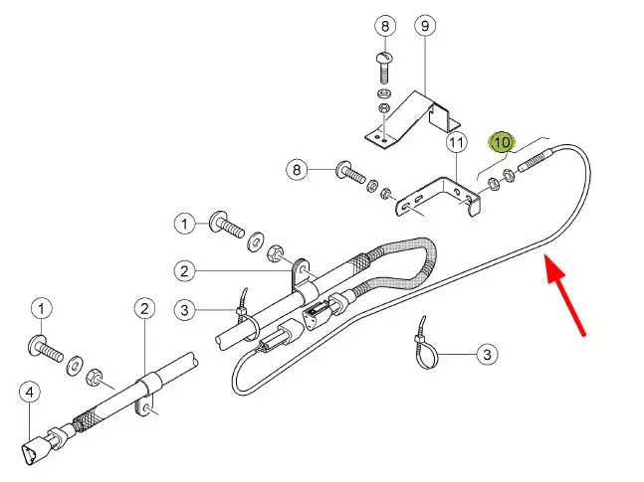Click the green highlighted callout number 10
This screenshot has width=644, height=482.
(x=502, y=142)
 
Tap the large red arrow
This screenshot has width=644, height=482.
(x=564, y=294)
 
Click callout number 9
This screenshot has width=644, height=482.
(x=425, y=26)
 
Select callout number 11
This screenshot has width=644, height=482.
(x=457, y=143)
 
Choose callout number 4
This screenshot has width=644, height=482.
(x=30, y=393)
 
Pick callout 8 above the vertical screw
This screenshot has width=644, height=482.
(x=385, y=26)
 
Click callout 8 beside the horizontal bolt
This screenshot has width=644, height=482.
(x=297, y=169)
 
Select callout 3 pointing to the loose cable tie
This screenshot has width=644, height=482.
(x=487, y=354)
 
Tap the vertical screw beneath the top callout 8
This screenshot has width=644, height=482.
(x=383, y=68)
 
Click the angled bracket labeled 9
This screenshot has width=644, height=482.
(x=412, y=120)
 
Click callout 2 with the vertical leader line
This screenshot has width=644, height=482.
(x=144, y=309)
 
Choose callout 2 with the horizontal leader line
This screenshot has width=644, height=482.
(x=184, y=271)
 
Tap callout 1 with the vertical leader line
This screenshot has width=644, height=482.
(x=41, y=308)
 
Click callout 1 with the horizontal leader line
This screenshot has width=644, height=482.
(x=184, y=224)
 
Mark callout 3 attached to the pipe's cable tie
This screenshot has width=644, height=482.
(x=184, y=310)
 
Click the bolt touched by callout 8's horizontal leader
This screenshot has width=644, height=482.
(x=350, y=172)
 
